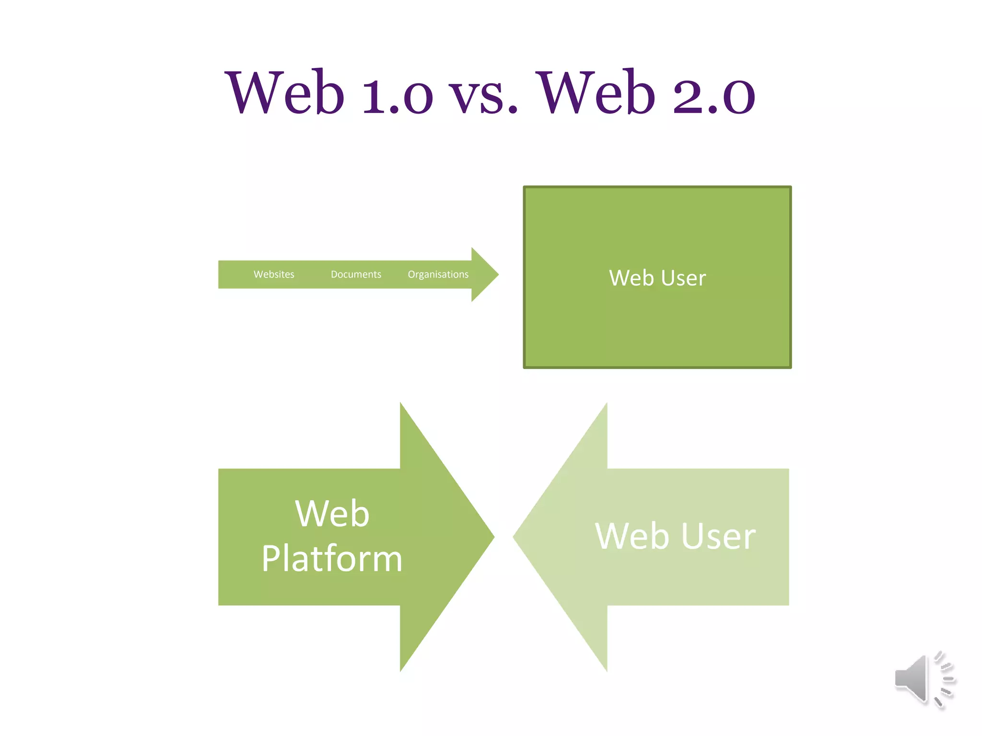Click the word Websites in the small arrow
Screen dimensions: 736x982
[274, 275]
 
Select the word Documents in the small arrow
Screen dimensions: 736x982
[356, 275]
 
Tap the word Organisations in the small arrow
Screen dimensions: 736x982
[438, 275]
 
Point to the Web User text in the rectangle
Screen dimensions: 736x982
[657, 278]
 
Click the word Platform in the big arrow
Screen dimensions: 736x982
[332, 559]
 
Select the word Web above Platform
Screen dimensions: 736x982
[332, 514]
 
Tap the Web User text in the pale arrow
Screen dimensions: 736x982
[675, 536]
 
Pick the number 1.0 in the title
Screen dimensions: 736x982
[397, 95]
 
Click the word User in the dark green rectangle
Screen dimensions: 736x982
[684, 278]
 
